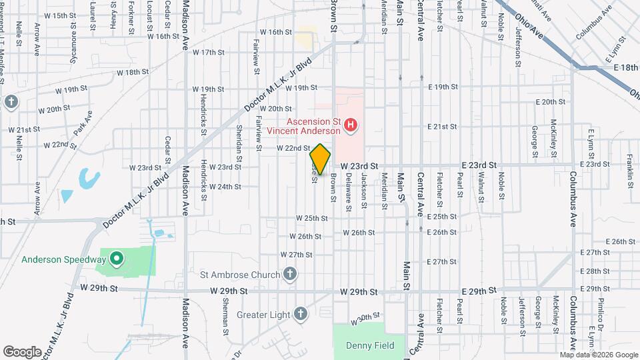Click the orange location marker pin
coord(321,159)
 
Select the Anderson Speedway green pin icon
coord(116,258)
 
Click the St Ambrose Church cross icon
coord(289,273)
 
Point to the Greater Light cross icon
coord(301,313)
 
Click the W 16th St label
coord(277,32)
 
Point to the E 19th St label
coord(443,87)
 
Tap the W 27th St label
coord(297,255)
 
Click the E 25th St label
coord(441,217)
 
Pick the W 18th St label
coord(132,72)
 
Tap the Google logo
coord(23,351)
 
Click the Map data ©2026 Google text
coord(599,355)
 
